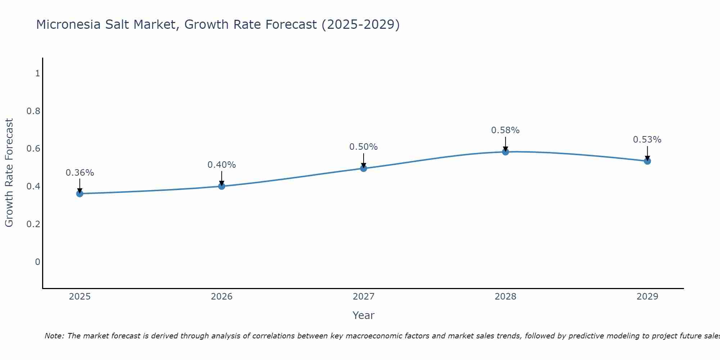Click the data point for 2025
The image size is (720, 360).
tap(80, 194)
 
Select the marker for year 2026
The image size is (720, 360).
tap(222, 186)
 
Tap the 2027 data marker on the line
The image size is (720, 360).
tap(364, 168)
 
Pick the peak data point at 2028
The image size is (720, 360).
tap(505, 152)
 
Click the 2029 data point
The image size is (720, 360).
tap(647, 161)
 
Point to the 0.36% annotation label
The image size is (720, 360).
tap(80, 173)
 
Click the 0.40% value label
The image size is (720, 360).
tap(222, 165)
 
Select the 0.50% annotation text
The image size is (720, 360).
tap(364, 147)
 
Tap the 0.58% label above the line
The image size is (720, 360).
tap(505, 130)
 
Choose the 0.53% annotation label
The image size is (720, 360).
tap(647, 140)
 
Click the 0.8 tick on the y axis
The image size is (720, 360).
tap(33, 111)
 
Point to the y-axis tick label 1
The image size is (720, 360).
tap(37, 73)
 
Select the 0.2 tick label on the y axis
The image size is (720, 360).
tap(33, 224)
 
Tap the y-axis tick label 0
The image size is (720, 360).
tap(37, 262)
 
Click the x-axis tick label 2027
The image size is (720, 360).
tap(364, 297)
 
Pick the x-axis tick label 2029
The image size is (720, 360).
tap(647, 297)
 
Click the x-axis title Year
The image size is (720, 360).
tap(364, 315)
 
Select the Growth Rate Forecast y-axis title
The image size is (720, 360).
tap(9, 173)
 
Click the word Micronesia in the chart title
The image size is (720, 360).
tap(69, 24)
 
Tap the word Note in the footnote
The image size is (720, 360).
tap(54, 336)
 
